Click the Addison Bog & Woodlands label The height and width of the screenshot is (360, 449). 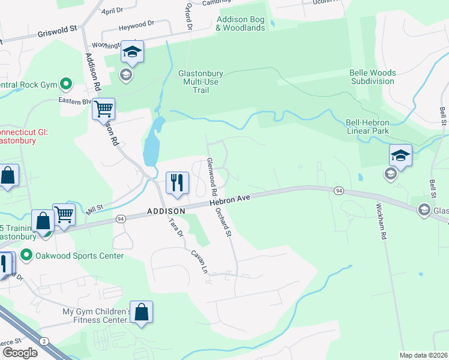pos(240,23)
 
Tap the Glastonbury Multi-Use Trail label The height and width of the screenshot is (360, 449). pos(201,82)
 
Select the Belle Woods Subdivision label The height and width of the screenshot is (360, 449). pos(372,76)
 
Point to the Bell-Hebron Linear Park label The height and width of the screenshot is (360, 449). pos(367,127)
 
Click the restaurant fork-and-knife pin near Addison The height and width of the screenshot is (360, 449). pos(177,182)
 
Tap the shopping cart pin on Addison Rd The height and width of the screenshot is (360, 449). pos(104,109)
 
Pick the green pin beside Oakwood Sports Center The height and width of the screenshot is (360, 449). pos(26,256)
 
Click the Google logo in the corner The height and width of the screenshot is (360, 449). pos(20,353)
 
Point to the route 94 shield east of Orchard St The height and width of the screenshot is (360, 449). pos(339,190)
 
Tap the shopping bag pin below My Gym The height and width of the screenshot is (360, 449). pos(141,313)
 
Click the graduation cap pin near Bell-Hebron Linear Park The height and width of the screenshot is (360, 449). pos(400,157)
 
